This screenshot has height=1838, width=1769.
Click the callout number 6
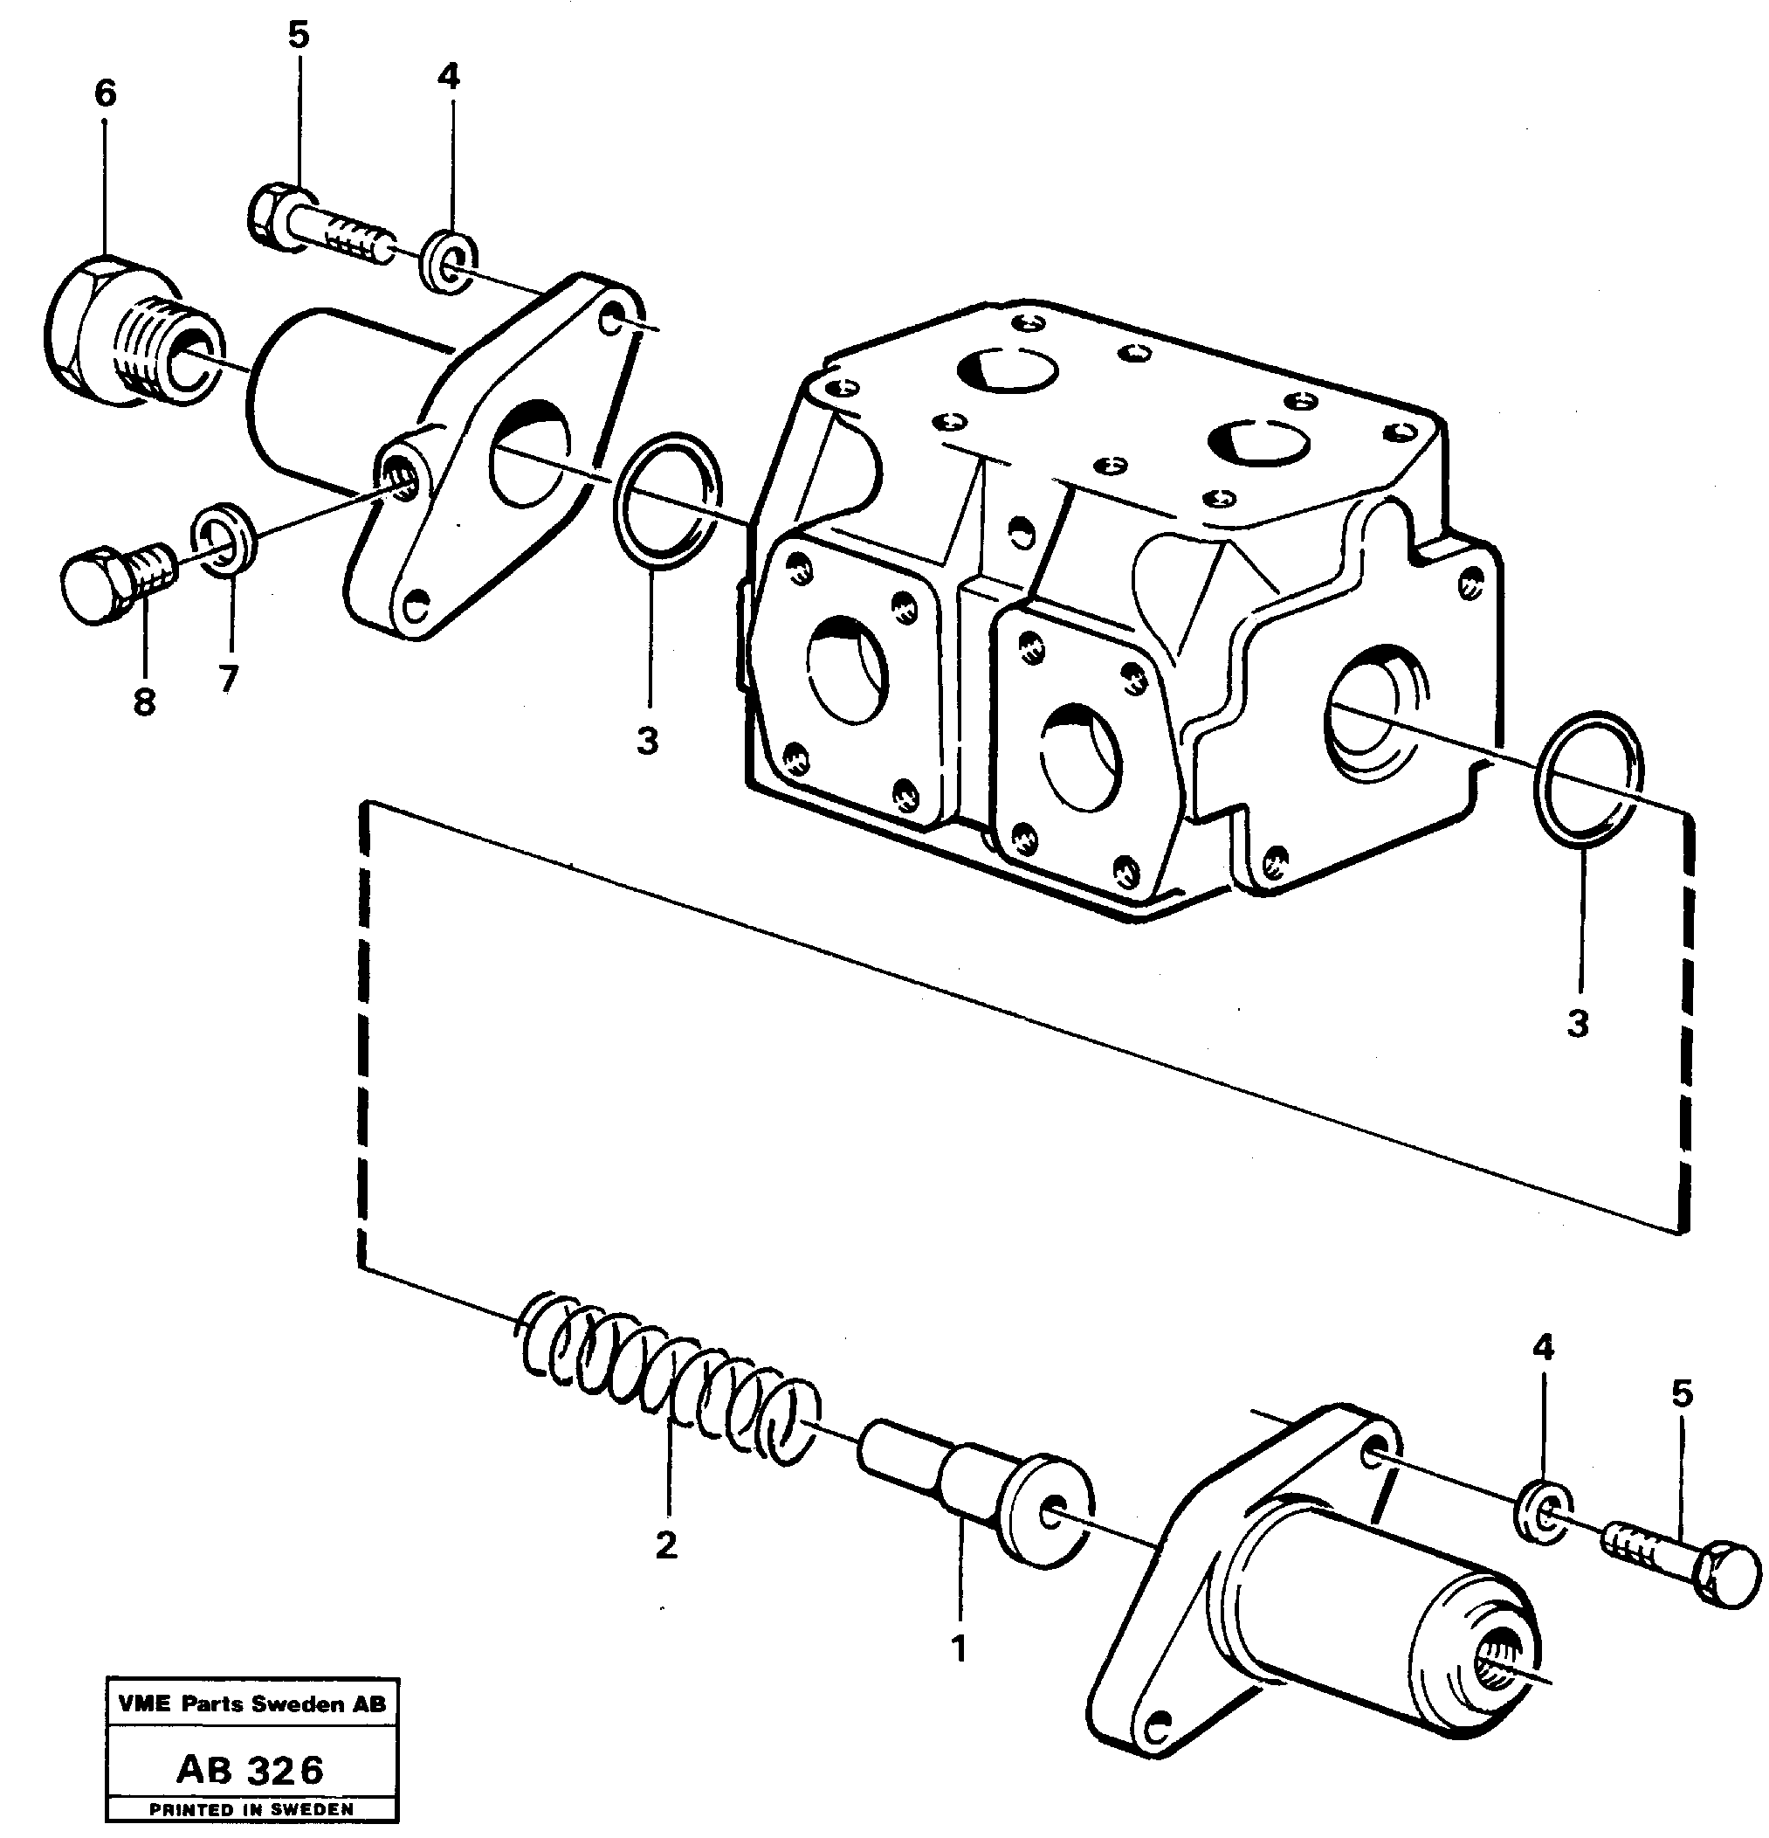pyautogui.click(x=105, y=93)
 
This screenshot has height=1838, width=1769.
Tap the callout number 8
pyautogui.click(x=143, y=701)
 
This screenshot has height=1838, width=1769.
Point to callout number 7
pyautogui.click(x=228, y=679)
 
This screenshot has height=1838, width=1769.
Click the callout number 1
pyautogui.click(x=958, y=1648)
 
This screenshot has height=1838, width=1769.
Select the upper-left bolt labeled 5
pyautogui.click(x=319, y=225)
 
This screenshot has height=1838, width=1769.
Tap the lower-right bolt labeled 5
pyautogui.click(x=1688, y=1561)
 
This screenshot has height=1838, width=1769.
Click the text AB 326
pyautogui.click(x=251, y=1770)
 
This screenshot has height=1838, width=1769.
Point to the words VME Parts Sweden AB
pyautogui.click(x=252, y=1703)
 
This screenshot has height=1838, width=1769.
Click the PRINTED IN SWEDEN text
pyautogui.click(x=251, y=1810)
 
